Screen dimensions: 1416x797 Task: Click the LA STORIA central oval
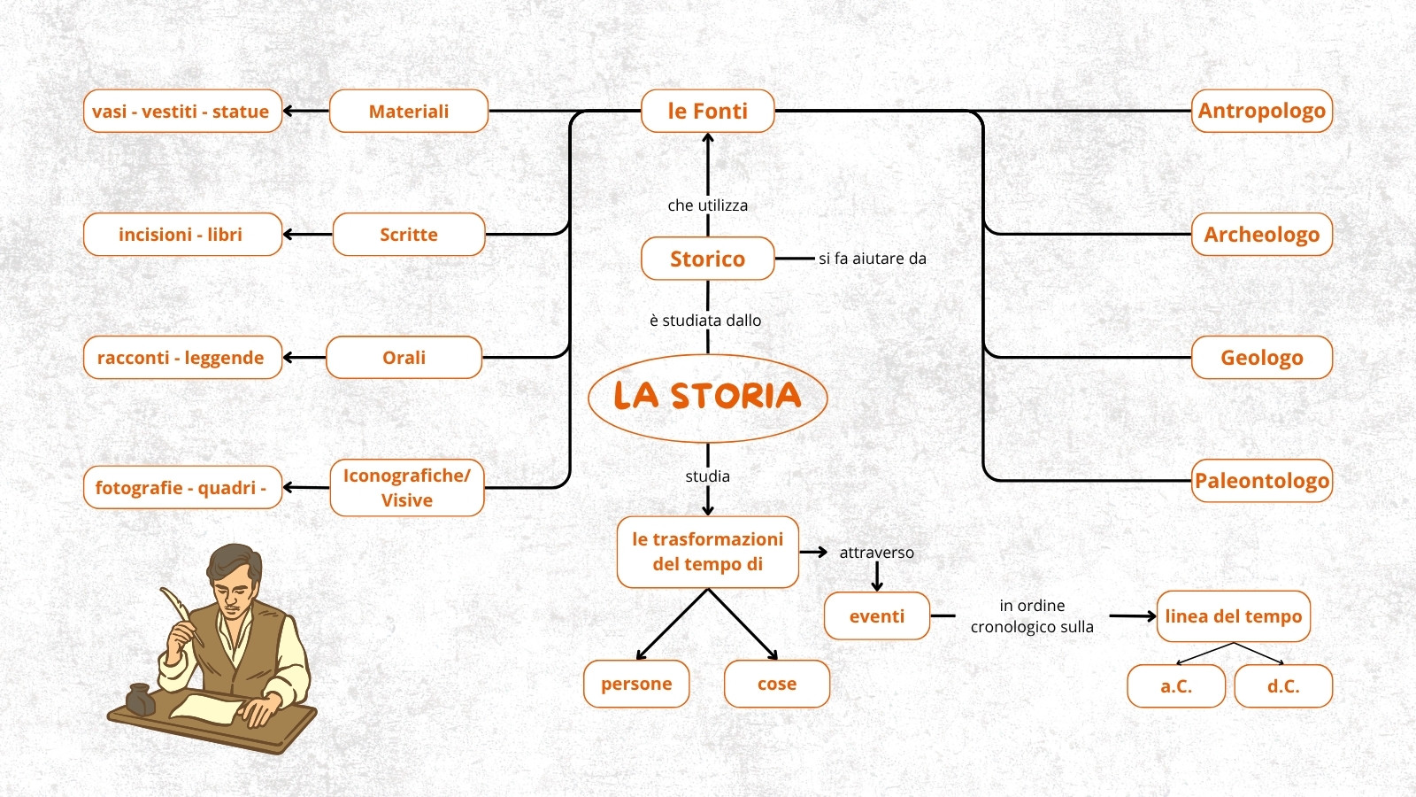[x=707, y=398]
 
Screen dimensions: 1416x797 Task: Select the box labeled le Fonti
[x=707, y=111]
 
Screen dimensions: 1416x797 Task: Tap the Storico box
[x=707, y=258]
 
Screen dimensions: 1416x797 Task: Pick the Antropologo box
[x=1262, y=111]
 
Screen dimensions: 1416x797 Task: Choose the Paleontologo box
[x=1262, y=481]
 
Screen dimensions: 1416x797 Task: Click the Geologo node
[x=1262, y=358]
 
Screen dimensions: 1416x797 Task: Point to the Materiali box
[x=409, y=111]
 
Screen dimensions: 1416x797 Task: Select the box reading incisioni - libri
[x=182, y=234]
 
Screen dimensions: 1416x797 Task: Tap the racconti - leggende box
[x=182, y=358]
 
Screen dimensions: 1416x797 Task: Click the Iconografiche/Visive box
[x=407, y=488]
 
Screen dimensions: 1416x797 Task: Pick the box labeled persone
[x=636, y=684]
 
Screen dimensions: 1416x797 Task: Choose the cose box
[x=777, y=684]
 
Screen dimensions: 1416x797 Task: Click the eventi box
[x=877, y=616]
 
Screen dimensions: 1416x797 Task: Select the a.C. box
[x=1176, y=685]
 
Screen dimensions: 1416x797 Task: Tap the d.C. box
[x=1283, y=685]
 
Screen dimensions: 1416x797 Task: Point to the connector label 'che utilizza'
[x=707, y=205]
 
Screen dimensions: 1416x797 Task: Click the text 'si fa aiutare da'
[x=873, y=258]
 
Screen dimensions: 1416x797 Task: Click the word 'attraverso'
[x=877, y=553]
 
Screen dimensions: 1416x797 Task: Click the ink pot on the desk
[x=140, y=699]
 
